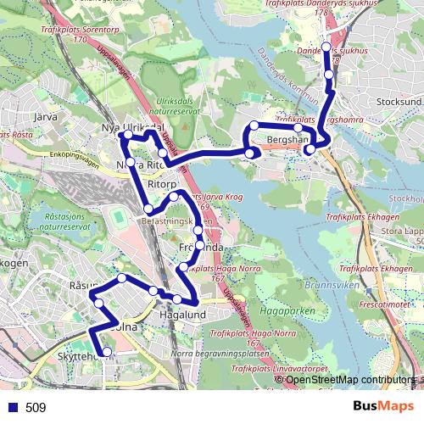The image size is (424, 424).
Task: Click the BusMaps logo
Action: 382,407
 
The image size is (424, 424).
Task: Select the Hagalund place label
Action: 183,315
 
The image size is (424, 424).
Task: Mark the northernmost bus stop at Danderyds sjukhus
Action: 326,47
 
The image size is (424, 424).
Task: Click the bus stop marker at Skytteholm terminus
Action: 107,352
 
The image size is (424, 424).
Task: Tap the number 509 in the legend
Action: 36,408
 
